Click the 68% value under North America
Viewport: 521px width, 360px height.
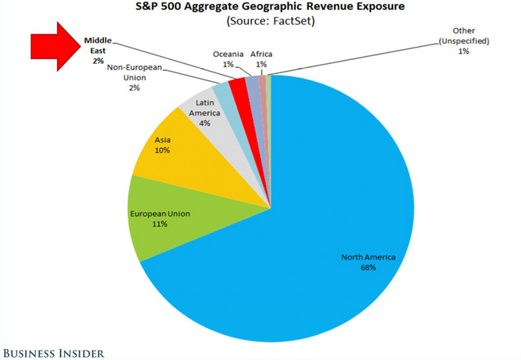(368, 267)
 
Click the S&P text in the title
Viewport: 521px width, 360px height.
(155, 7)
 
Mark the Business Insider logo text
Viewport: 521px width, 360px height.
(52, 352)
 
